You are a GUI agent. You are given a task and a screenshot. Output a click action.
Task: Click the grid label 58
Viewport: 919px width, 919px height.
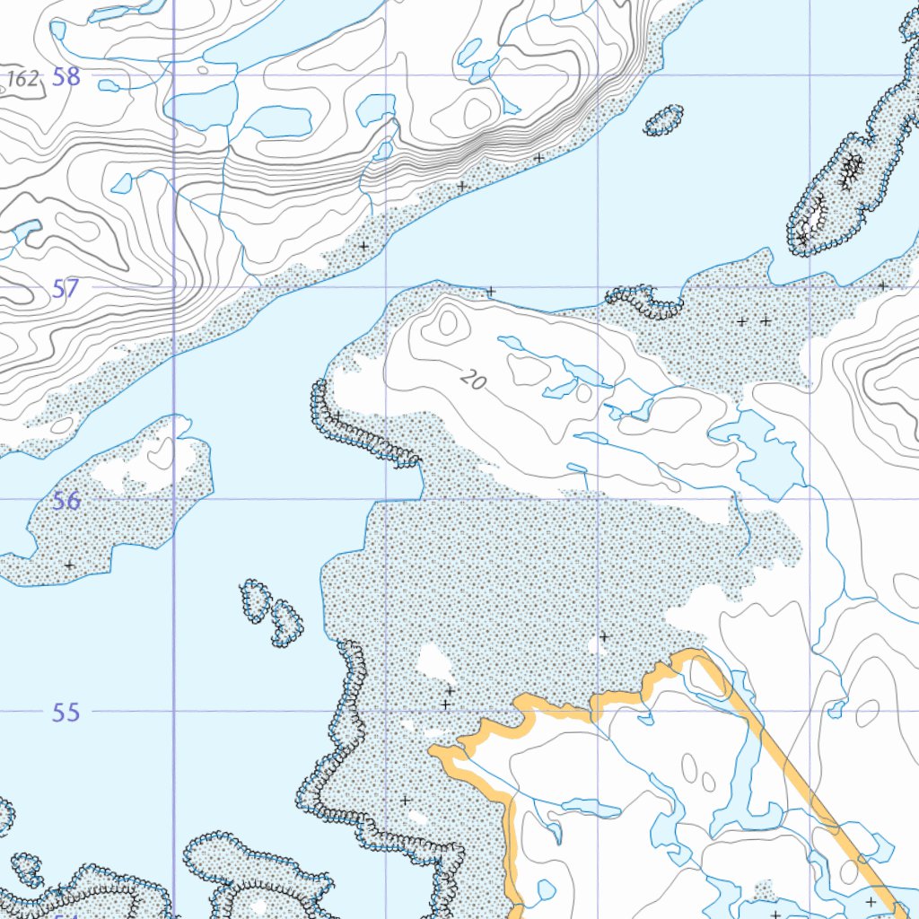coord(66,77)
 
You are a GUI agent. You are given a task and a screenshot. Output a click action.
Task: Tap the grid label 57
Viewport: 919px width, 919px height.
coord(66,289)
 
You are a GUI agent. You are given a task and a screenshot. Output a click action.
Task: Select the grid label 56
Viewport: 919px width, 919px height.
coord(66,501)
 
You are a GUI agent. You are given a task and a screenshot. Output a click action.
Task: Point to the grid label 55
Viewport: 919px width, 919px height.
coord(66,713)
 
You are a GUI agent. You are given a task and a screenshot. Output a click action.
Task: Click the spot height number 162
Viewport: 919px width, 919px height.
coord(23,79)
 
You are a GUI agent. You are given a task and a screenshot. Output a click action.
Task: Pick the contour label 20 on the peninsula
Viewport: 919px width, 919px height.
coord(473,381)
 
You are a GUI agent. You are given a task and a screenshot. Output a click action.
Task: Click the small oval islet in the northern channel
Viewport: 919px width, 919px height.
coord(663,120)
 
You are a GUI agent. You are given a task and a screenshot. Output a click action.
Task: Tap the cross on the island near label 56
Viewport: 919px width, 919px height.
coord(69,565)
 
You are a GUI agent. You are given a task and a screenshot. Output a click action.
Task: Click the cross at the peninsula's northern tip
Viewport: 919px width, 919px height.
coord(491,292)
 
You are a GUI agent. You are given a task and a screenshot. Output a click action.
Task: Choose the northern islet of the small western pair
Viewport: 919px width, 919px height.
coord(255,599)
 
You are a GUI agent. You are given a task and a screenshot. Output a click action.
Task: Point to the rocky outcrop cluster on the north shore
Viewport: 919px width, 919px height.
coord(644,301)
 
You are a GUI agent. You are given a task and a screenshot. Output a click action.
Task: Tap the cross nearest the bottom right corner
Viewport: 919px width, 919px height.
coord(870,900)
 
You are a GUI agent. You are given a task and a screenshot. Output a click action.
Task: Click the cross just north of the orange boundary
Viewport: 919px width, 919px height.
coord(604,636)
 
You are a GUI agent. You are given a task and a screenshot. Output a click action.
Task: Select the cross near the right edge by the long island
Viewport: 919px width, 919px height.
coord(882,285)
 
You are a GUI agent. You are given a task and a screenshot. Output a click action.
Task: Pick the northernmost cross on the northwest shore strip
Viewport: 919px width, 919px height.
coord(538,158)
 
